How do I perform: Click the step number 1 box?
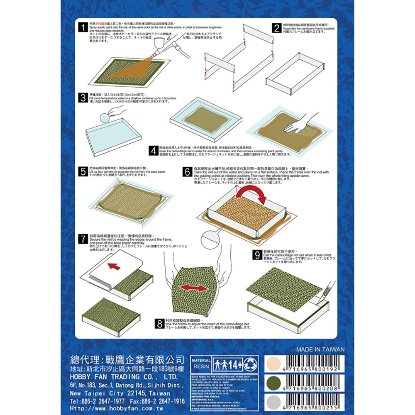(x=83, y=28)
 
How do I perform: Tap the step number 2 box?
(x=276, y=28)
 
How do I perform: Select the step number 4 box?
(x=153, y=151)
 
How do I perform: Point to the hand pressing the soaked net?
(x=300, y=124)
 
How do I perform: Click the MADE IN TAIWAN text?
(x=320, y=349)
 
